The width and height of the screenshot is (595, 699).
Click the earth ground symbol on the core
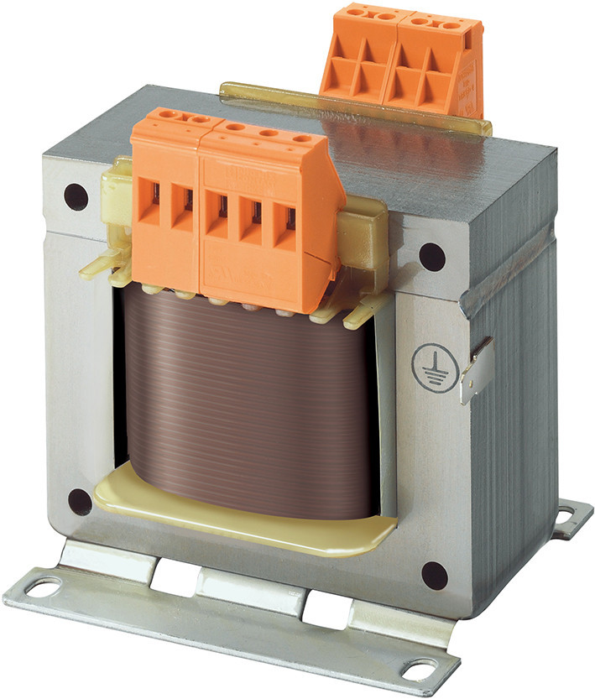(x=431, y=368)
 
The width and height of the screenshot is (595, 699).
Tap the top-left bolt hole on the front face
(x=76, y=196)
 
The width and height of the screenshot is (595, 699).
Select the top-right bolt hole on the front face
(x=432, y=257)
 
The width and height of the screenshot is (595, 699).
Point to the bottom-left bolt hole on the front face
(x=80, y=502)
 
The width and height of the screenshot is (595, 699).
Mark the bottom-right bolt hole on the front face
(x=434, y=575)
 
